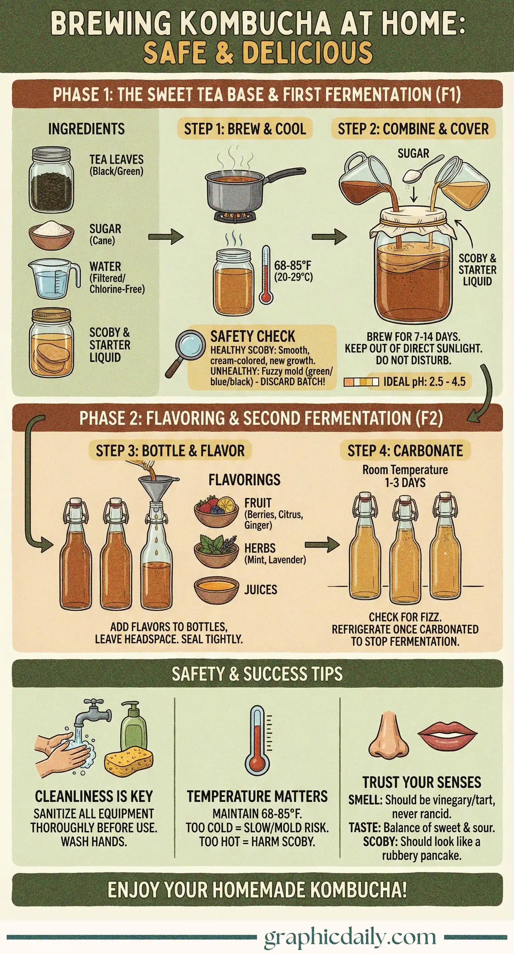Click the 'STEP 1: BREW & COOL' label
tap(245, 129)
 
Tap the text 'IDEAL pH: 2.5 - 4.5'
tap(424, 381)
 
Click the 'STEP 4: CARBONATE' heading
tap(405, 451)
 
